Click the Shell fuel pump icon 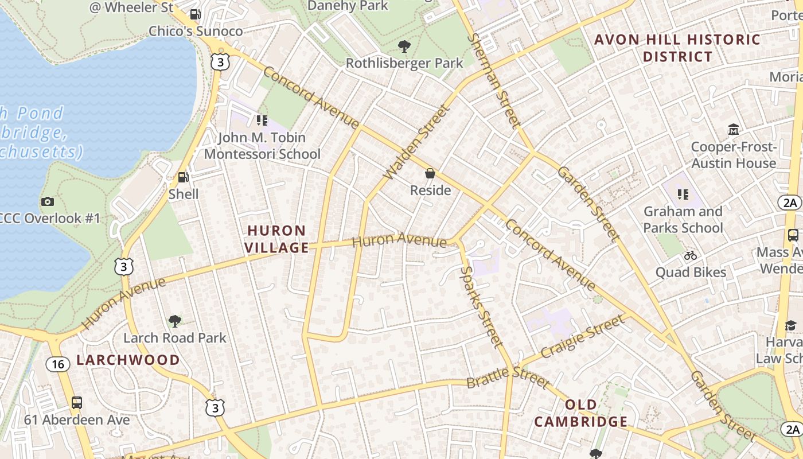coord(183,177)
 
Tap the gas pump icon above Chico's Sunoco coord(196,14)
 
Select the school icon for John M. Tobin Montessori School coord(262,120)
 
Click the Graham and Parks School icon coord(683,195)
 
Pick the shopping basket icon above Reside coord(430,173)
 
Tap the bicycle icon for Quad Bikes coord(691,255)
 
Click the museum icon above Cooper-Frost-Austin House coord(733,130)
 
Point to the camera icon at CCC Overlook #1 coord(48,201)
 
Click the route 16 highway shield coord(57,364)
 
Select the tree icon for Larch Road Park coord(175,321)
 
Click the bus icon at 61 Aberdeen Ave coord(77,403)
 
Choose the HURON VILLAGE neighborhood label coord(278,239)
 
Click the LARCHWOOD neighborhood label coord(128,360)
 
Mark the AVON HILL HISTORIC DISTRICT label coord(677,48)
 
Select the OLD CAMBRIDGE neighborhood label coord(580,413)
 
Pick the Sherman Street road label coord(494,80)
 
